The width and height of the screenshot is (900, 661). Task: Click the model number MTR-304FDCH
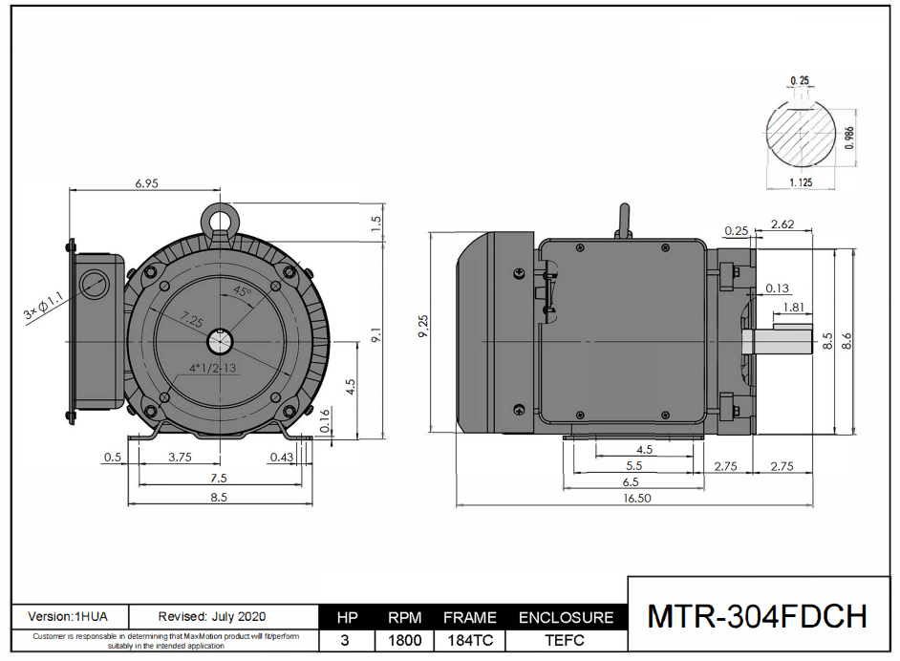pos(758,616)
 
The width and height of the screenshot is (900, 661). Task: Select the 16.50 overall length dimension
pos(637,498)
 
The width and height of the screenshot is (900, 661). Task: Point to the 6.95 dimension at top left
pos(146,182)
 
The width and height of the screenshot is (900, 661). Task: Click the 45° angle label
pos(243,289)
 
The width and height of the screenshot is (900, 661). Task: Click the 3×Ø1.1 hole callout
pos(43,307)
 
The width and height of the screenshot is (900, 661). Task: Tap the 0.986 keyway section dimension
pos(849,139)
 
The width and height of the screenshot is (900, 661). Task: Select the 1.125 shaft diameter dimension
pos(801,181)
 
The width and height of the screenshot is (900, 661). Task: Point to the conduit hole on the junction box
pos(95,283)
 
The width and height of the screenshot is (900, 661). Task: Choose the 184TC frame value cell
pos(469,640)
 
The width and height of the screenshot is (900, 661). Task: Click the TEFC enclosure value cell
pos(566,640)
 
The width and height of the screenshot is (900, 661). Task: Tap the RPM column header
pos(404,617)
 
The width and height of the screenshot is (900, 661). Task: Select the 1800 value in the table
pos(404,640)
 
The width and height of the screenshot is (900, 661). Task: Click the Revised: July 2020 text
pos(212,616)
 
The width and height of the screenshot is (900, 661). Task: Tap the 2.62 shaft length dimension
pos(782,224)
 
